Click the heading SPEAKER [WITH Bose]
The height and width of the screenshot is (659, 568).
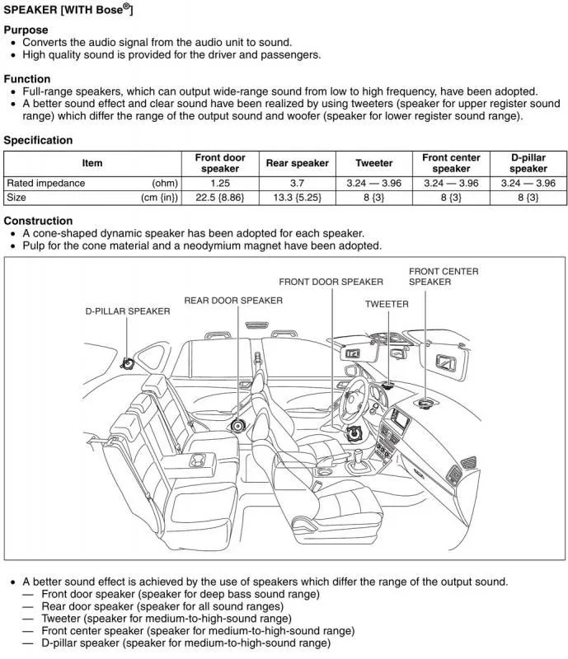68,10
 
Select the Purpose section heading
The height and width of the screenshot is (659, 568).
26,30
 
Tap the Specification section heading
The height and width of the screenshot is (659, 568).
38,140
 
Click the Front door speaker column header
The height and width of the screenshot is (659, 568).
219,163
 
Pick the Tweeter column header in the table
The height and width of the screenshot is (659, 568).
373,163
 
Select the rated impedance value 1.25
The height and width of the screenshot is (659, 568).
219,183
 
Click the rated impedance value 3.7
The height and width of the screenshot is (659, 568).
297,183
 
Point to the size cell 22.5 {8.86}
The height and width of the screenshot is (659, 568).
219,198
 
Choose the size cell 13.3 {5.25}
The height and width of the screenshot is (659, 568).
297,198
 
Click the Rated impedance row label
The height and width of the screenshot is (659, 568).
45,183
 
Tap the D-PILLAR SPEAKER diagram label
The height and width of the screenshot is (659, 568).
128,311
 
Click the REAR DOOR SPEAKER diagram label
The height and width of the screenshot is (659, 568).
232,301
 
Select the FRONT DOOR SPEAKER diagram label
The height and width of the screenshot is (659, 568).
331,282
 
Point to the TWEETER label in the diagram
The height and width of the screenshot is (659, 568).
387,304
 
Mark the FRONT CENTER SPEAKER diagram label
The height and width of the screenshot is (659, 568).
443,277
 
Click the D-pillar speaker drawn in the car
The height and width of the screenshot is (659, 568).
127,363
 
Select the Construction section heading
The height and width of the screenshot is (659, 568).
38,221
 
